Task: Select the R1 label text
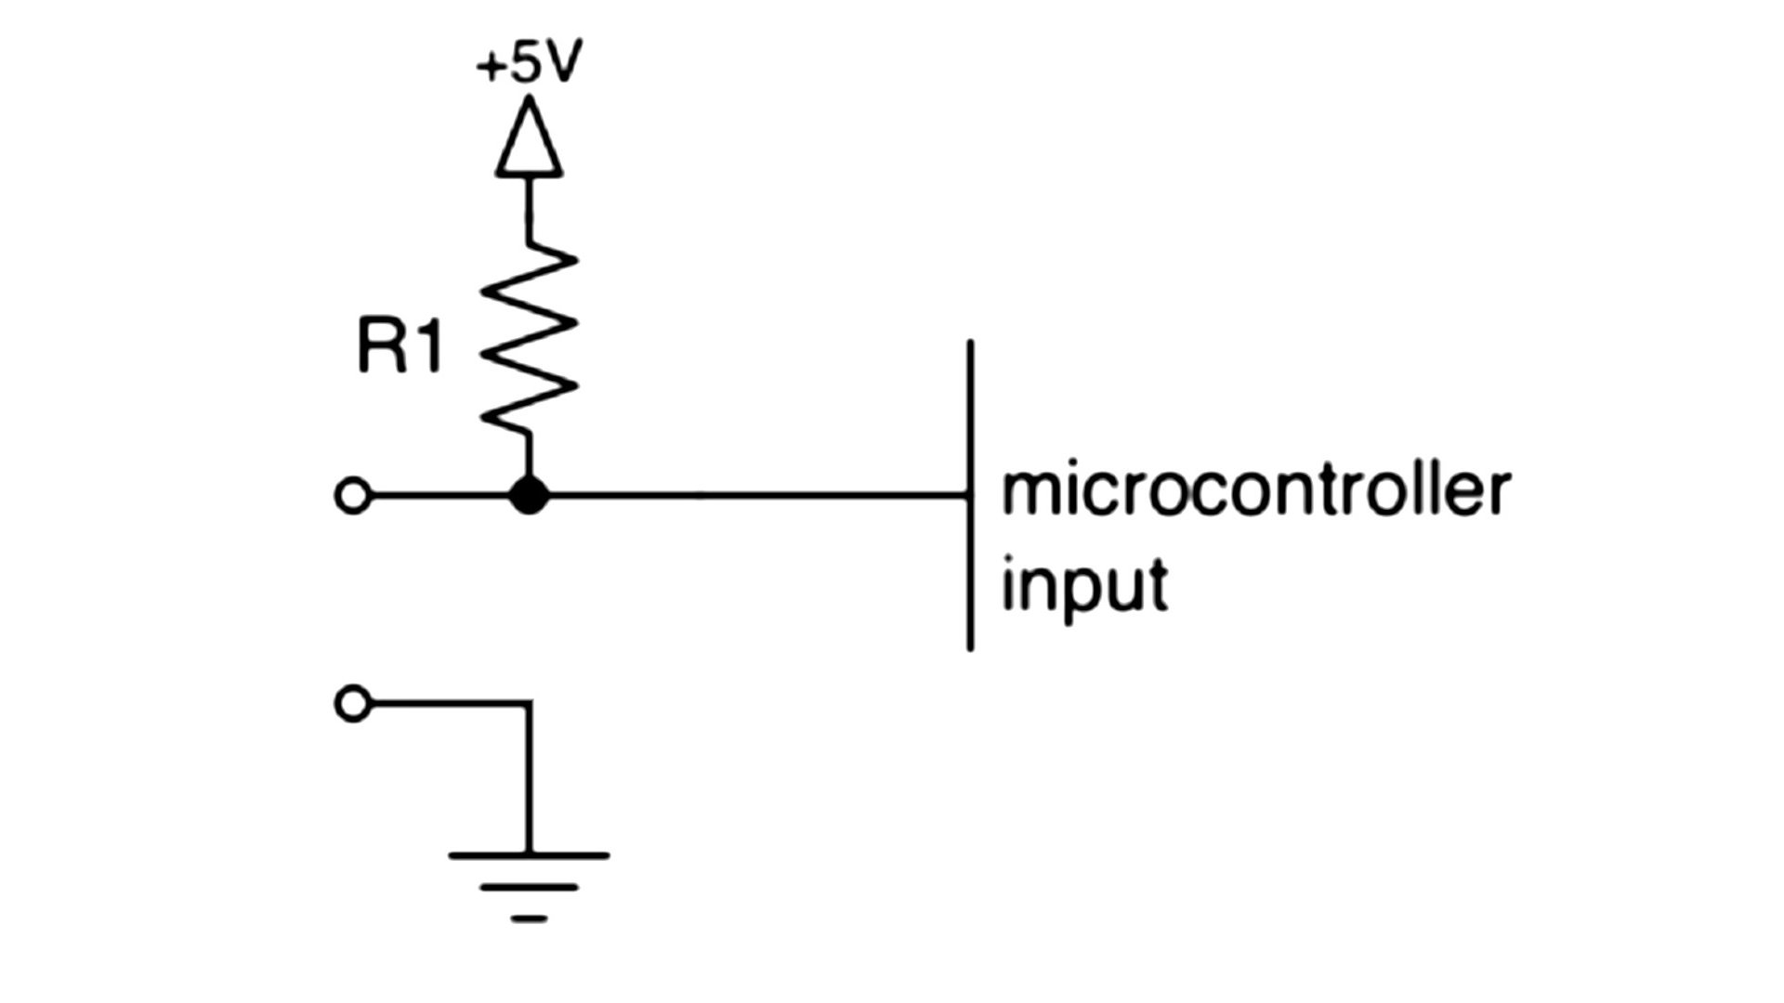coord(400,347)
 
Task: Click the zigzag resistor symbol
coord(529,339)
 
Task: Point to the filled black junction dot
coord(529,495)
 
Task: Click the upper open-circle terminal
coord(352,496)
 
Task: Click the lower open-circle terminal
coord(352,704)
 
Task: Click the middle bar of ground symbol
coord(529,888)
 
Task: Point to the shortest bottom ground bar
coord(529,919)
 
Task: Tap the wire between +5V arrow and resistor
coord(529,209)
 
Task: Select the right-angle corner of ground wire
coord(529,704)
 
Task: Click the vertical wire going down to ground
coord(529,780)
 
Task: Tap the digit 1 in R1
coord(426,347)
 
